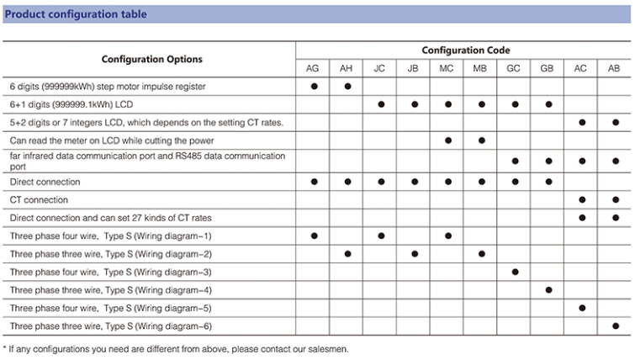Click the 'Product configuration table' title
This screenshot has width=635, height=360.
tap(76, 14)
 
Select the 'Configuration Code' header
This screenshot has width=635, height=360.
tap(465, 50)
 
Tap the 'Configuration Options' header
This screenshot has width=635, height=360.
tap(151, 60)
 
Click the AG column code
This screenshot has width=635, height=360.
tap(313, 69)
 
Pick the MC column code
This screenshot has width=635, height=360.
tap(447, 69)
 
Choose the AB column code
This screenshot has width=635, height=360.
tap(615, 69)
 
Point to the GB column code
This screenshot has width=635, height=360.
tap(548, 69)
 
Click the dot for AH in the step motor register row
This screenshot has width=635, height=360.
tap(347, 87)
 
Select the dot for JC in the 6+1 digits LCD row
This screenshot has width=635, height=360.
tap(381, 104)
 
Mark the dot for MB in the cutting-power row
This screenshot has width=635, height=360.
tap(481, 140)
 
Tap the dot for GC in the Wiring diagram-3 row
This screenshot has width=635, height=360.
tap(515, 272)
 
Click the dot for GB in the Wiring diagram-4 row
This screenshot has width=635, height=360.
tap(548, 290)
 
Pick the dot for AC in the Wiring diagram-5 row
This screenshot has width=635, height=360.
tap(581, 308)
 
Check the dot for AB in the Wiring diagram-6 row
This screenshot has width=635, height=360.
tap(615, 326)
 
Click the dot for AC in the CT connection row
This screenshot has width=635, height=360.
tap(581, 200)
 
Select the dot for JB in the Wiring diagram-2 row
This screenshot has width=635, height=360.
tap(415, 254)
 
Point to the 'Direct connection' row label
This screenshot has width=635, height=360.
tap(45, 182)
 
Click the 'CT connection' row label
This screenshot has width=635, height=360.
tap(39, 200)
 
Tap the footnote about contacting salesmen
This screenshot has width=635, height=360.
tap(175, 348)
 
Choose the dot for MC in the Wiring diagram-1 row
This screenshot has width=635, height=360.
tap(447, 236)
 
